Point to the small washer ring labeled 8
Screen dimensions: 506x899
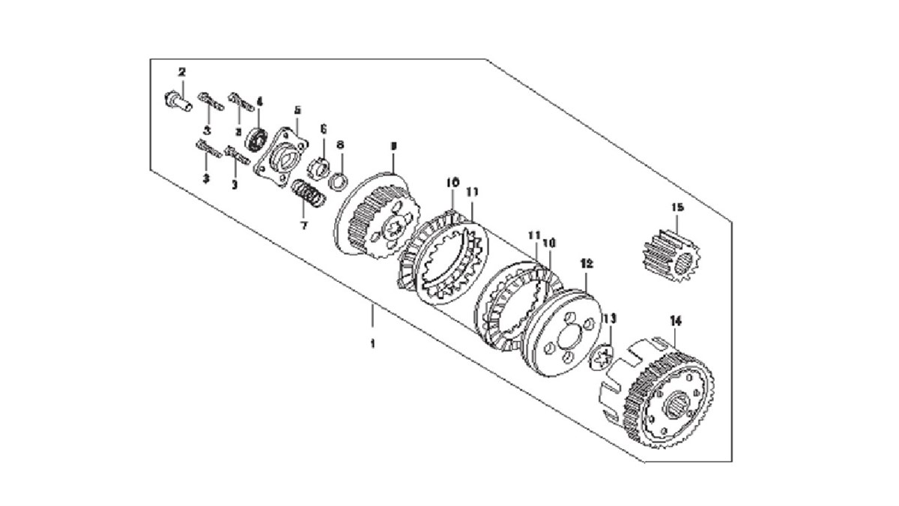pyautogui.click(x=339, y=180)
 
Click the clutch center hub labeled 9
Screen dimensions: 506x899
pyautogui.click(x=378, y=218)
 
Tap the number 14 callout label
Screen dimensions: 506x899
pyautogui.click(x=676, y=321)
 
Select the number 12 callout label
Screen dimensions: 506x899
pyautogui.click(x=587, y=264)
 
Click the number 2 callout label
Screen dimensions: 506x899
pyautogui.click(x=181, y=72)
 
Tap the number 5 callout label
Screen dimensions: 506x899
pyautogui.click(x=297, y=109)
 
